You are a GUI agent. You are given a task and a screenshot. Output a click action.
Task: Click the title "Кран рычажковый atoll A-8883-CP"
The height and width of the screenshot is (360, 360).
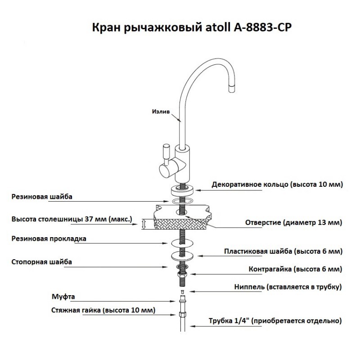click(192, 27)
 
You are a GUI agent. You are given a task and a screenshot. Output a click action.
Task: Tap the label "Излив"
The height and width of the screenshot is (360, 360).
click(161, 112)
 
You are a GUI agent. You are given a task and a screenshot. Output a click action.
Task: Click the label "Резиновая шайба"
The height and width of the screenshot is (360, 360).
click(42, 197)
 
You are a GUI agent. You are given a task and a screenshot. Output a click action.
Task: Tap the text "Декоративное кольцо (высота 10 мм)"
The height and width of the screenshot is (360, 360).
click(277, 184)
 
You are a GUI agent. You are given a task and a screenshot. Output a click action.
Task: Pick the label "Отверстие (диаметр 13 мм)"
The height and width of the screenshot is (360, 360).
click(294, 222)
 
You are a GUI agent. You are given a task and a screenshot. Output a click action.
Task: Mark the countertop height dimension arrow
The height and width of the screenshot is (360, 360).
click(144, 224)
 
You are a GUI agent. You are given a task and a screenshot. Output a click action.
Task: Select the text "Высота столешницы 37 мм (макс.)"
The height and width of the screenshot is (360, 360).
click(72, 219)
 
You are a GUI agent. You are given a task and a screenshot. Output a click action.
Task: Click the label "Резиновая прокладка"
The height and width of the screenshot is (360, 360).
click(49, 239)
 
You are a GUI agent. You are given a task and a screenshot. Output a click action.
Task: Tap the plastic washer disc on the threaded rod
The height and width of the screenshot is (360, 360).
click(182, 256)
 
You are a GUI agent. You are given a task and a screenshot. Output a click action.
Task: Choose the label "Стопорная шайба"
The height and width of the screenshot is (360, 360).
click(41, 262)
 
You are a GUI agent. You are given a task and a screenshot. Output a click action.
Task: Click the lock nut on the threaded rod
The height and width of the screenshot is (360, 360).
click(182, 274)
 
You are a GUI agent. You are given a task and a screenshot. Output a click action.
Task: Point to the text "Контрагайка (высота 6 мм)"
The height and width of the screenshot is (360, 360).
click(295, 269)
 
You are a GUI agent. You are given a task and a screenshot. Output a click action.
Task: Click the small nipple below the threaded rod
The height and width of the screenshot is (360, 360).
click(183, 292)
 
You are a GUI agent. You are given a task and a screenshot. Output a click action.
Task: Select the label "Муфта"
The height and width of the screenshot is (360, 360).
click(63, 297)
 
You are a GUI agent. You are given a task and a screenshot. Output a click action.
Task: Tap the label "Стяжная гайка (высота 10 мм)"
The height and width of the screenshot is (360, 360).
click(103, 310)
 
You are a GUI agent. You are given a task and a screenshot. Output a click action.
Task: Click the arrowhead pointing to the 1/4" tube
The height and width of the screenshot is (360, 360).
click(193, 326)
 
